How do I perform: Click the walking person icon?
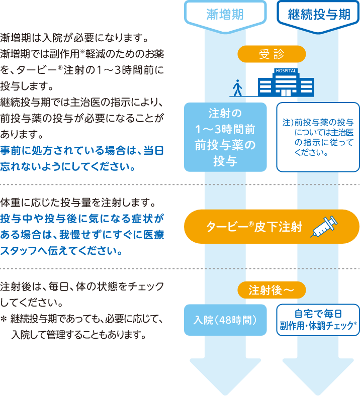(x=237, y=87)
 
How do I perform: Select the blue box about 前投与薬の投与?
(x=225, y=137)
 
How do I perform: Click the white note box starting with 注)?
(x=318, y=137)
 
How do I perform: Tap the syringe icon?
(x=324, y=227)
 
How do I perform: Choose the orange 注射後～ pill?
(x=272, y=290)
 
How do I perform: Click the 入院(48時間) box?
(x=225, y=320)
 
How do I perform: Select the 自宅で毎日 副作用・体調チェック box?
(x=318, y=320)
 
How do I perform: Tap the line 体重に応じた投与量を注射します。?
(x=78, y=204)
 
